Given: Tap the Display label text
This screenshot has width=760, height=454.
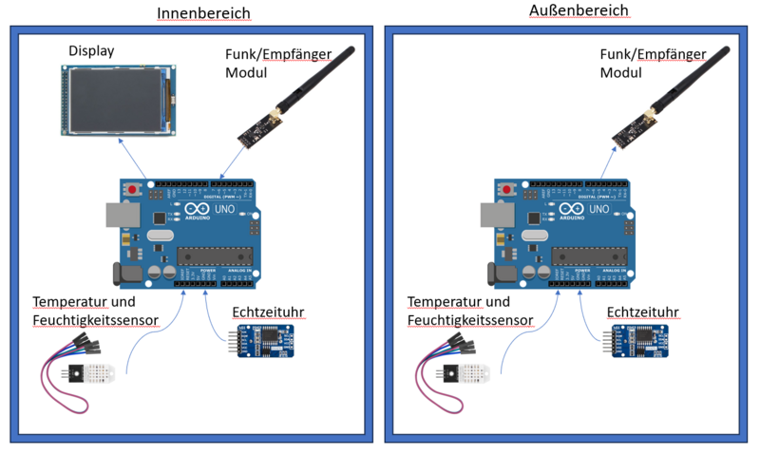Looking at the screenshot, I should click(91, 50).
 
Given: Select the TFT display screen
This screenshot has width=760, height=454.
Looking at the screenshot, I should click(111, 98).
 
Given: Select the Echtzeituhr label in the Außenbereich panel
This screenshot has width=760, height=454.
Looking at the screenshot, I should click(645, 312).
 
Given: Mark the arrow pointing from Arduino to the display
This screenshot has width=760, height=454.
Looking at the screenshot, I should click(133, 159).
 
